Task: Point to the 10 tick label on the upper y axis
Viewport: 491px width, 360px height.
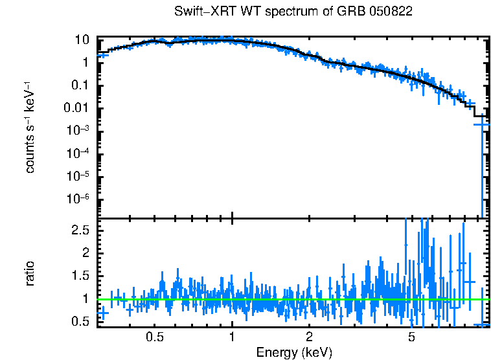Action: click(x=81, y=39)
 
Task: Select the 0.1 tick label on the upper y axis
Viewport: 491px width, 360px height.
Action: click(x=80, y=85)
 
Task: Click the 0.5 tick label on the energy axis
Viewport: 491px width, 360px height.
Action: click(x=154, y=337)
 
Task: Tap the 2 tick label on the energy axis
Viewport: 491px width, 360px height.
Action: click(x=309, y=337)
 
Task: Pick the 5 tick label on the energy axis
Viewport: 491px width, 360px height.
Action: click(x=411, y=337)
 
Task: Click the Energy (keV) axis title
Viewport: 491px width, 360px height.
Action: click(x=294, y=353)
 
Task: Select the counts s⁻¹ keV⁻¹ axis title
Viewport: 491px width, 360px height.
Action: click(x=30, y=127)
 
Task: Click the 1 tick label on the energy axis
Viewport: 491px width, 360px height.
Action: click(x=232, y=337)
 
